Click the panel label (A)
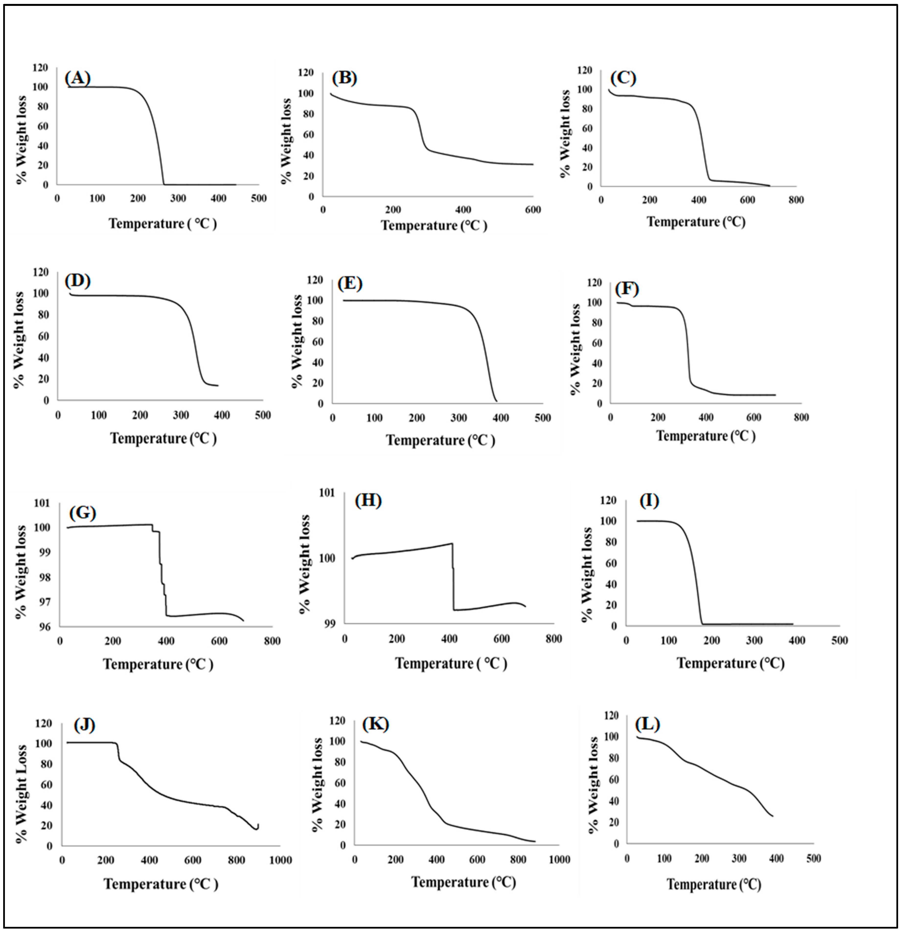(x=78, y=78)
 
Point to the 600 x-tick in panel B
(x=533, y=210)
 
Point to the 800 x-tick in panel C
(x=796, y=200)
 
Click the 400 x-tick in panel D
(x=222, y=415)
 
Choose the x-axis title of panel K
(x=464, y=882)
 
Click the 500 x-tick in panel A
(x=259, y=198)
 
